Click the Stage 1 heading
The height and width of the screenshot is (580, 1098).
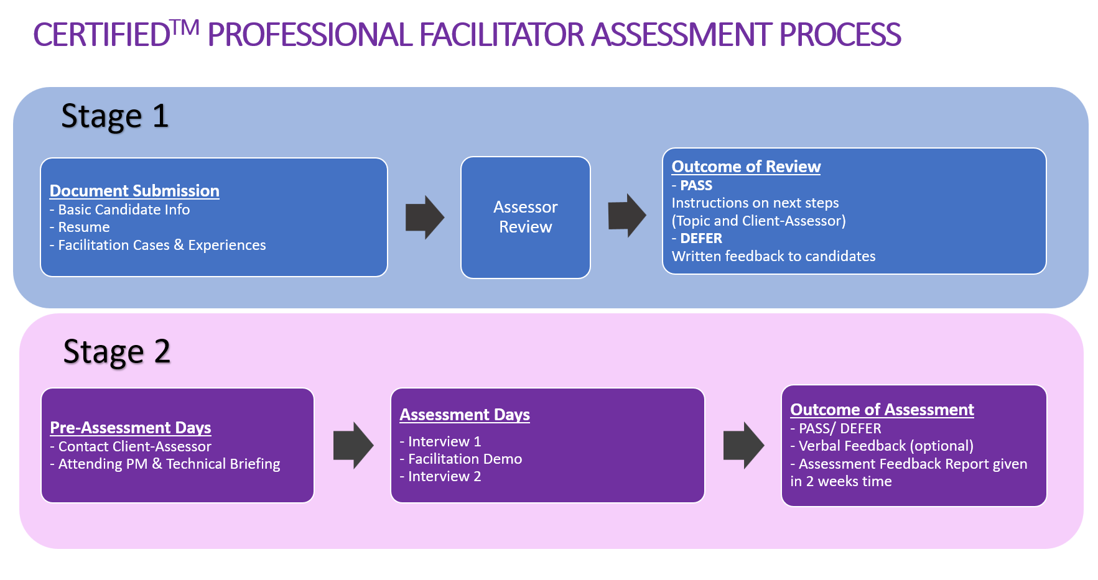coord(115,116)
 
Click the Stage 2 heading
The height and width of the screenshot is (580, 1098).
coord(117,352)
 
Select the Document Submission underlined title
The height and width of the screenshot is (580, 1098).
coord(134,191)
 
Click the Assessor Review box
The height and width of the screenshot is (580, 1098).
coord(525,217)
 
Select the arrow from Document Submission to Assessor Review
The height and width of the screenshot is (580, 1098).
coord(424,218)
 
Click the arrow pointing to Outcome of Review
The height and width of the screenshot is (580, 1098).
coord(626,216)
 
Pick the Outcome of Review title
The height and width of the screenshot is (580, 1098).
coord(746,167)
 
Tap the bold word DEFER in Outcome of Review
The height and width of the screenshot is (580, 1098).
coord(700,239)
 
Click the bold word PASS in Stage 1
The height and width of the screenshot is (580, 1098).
coord(696,186)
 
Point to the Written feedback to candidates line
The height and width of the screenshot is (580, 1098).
coord(773,257)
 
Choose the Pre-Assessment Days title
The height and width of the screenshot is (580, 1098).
coord(131,428)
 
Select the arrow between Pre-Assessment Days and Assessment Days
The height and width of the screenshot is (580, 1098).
coord(353,445)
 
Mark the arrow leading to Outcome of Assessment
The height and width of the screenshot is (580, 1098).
coord(743,445)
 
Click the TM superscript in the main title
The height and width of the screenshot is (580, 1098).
coord(185,27)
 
